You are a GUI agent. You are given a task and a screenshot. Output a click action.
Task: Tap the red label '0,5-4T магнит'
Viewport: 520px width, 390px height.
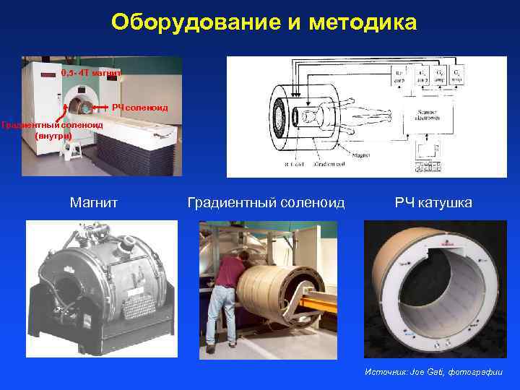pos(86,73)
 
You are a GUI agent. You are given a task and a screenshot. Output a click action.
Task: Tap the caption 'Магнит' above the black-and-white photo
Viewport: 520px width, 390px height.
pos(94,203)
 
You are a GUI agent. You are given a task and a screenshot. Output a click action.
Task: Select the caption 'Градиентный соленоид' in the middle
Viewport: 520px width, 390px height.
pos(266,203)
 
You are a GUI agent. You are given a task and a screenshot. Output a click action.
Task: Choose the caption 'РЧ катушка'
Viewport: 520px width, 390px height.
pos(433,203)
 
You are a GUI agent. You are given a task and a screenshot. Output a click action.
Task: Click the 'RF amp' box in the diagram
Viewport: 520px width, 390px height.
pos(399,76)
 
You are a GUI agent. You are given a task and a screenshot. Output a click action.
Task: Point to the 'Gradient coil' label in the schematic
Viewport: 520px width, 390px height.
pos(330,165)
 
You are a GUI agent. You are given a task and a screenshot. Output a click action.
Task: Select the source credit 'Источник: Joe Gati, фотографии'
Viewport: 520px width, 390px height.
pos(434,372)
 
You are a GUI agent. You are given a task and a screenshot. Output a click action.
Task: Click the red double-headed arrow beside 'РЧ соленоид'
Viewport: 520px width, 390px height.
pos(100,108)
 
